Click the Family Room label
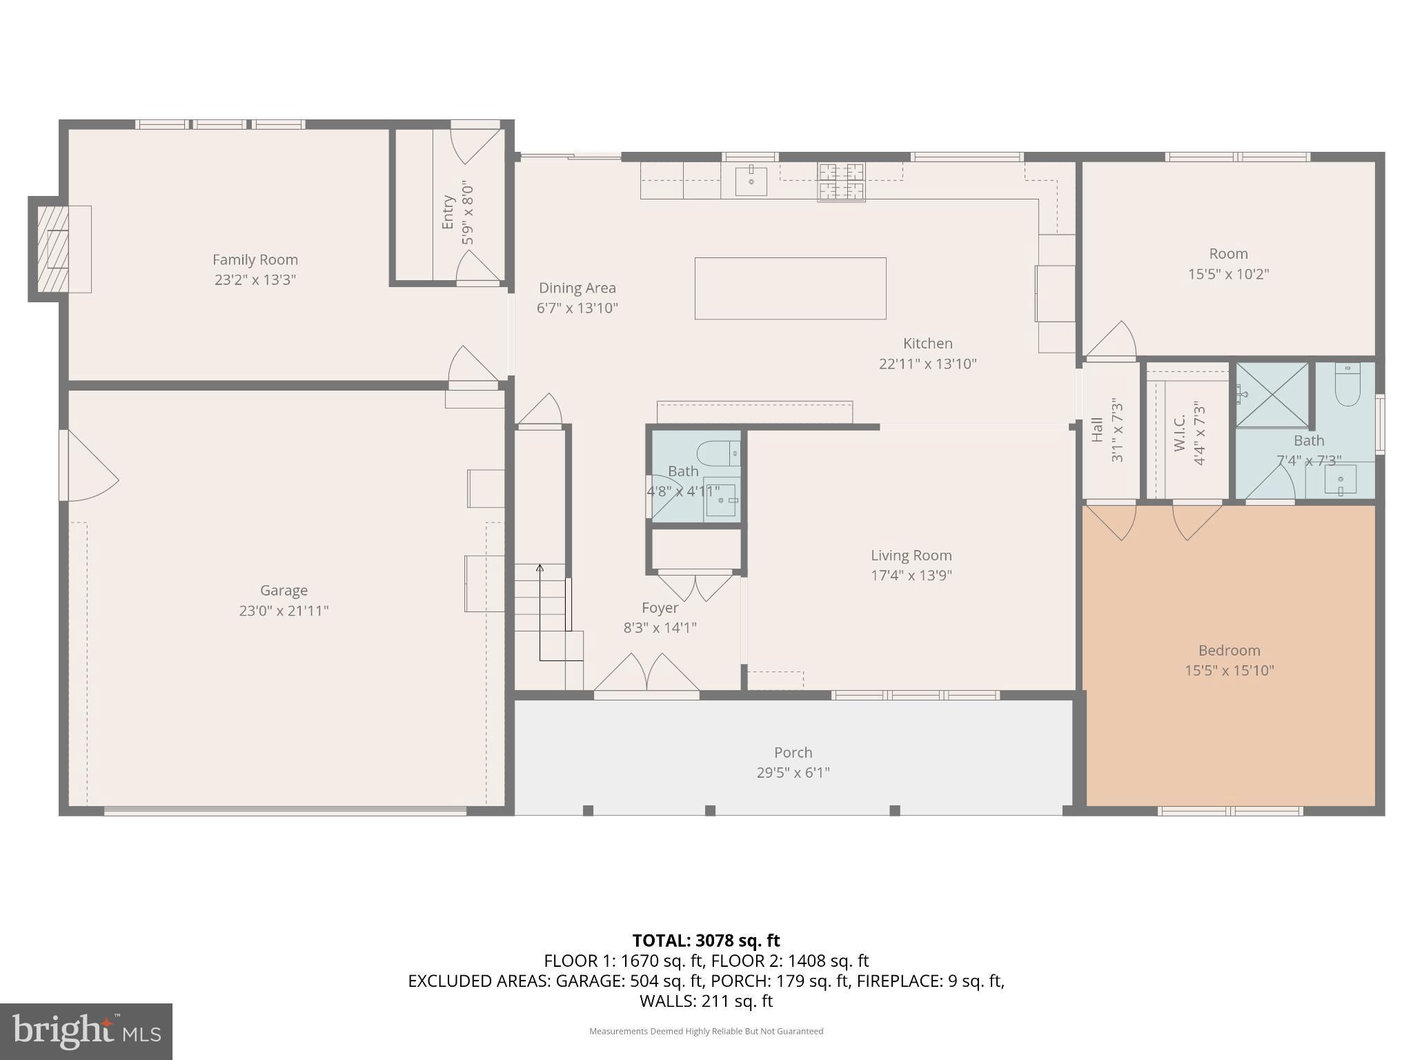[255, 260]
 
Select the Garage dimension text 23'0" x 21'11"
[284, 611]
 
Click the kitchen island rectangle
[790, 288]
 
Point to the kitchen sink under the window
[751, 181]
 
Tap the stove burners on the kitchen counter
[841, 182]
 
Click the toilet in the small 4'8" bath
[718, 454]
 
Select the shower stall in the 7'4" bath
[1272, 395]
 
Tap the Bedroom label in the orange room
[1229, 651]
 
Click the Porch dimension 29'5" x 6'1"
[793, 773]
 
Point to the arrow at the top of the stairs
[540, 569]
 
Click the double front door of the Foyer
[646, 674]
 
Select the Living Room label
[911, 556]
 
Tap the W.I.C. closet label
[1179, 433]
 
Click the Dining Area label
[577, 288]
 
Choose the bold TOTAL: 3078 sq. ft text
[706, 941]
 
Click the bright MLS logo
[86, 1031]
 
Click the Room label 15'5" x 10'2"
[1228, 254]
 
